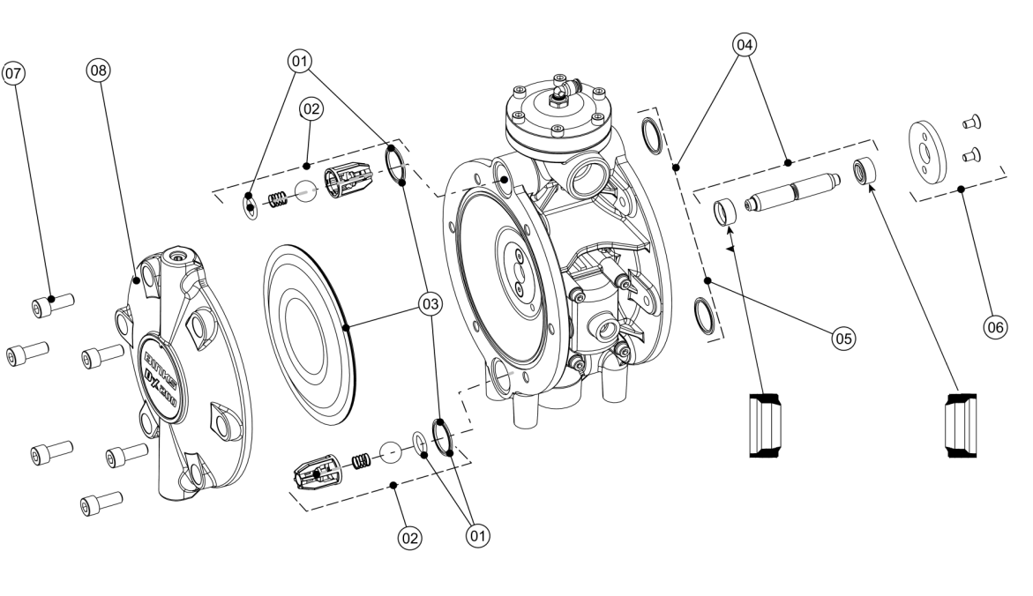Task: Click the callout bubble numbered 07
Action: pyautogui.click(x=13, y=73)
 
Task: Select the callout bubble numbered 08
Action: pyautogui.click(x=98, y=70)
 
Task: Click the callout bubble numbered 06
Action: pyautogui.click(x=995, y=325)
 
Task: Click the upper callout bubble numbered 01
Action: pyautogui.click(x=300, y=61)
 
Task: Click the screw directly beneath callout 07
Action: pyautogui.click(x=53, y=304)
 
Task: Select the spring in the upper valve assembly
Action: pyautogui.click(x=279, y=200)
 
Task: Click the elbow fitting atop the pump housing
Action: pyautogui.click(x=562, y=89)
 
